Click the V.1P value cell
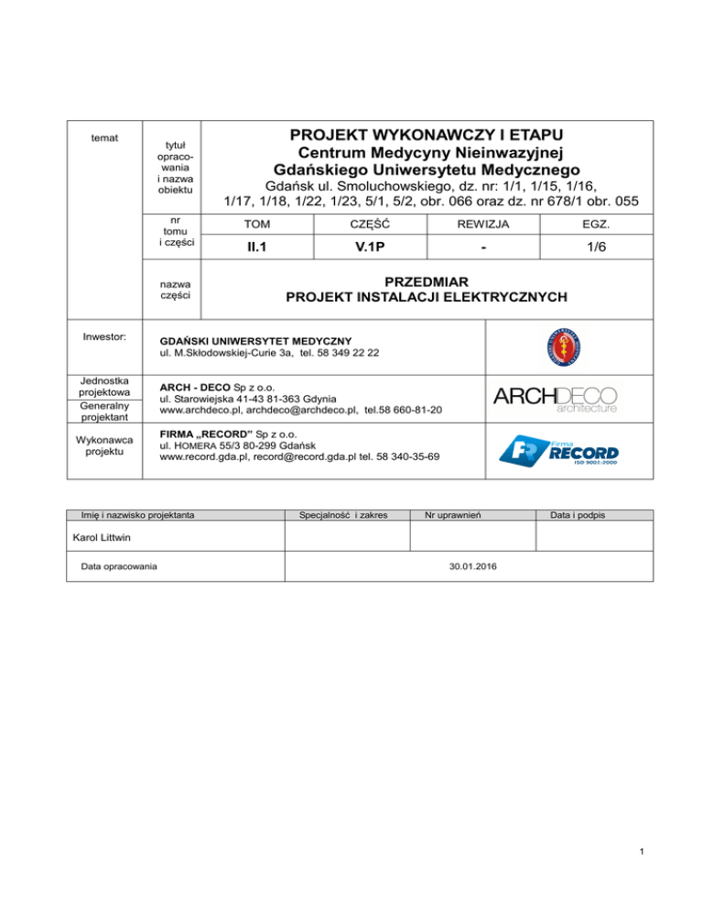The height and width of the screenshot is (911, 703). point(373,248)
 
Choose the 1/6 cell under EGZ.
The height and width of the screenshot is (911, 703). point(597,248)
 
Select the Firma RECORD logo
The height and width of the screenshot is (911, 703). point(558,451)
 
